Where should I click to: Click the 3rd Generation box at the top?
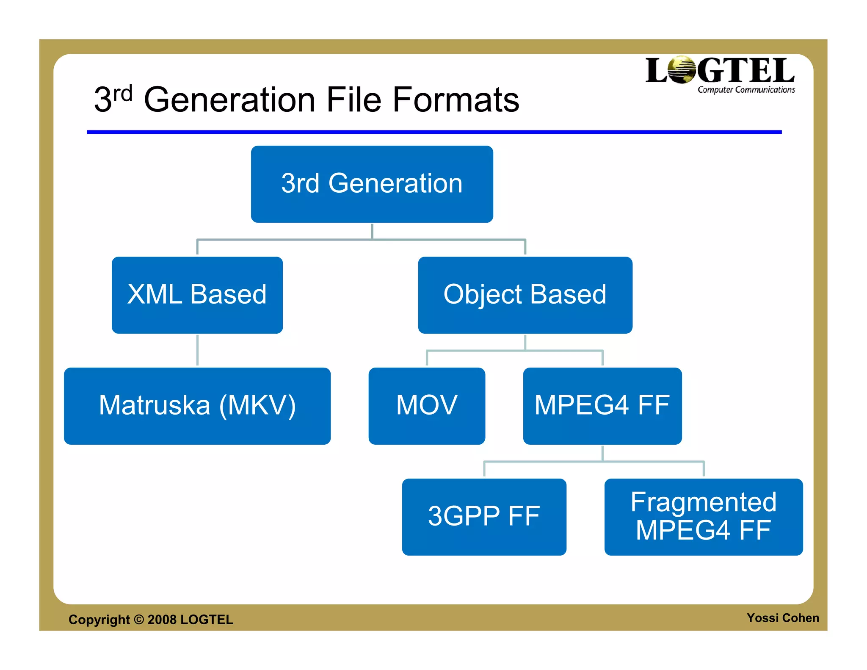(x=372, y=184)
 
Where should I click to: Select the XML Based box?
(x=197, y=295)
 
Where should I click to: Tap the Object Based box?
(x=525, y=295)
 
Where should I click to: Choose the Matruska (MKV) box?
(x=197, y=406)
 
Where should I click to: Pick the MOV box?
(x=427, y=406)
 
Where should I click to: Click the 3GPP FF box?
(x=484, y=517)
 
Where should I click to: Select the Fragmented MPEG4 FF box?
(x=704, y=517)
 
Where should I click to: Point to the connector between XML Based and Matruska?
(x=197, y=350)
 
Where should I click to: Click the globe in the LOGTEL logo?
(x=681, y=70)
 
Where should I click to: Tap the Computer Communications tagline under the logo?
(x=746, y=90)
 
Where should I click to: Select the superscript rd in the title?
(x=123, y=94)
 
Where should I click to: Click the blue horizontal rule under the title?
(x=434, y=132)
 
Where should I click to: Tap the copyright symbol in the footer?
(x=139, y=619)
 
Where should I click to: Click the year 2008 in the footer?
(x=162, y=620)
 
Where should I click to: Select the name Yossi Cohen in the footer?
(x=782, y=618)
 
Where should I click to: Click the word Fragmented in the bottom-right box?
(x=704, y=502)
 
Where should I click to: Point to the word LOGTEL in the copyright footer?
(x=207, y=620)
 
